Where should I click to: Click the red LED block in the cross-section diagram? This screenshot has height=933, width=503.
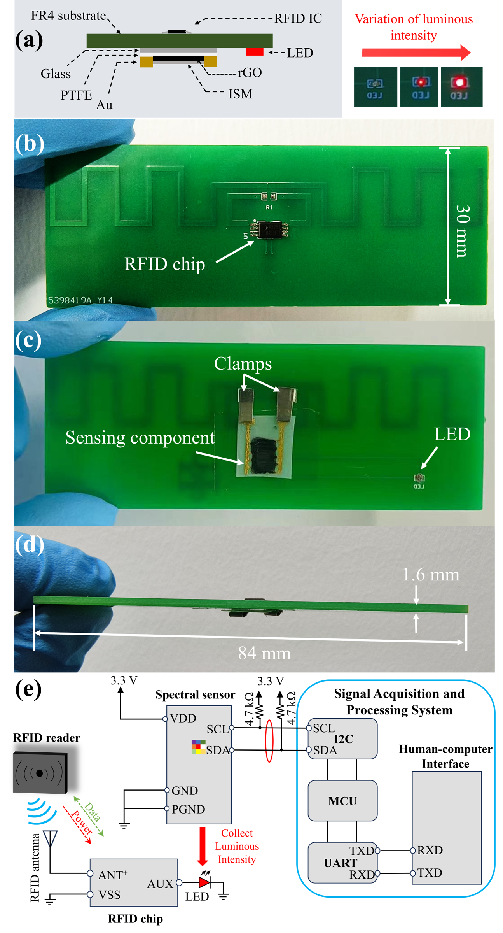pos(254,52)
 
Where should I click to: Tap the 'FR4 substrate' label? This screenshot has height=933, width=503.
pos(68,16)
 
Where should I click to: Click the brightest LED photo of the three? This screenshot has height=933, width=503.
pos(460,86)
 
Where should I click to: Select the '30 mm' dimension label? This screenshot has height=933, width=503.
pos(462,231)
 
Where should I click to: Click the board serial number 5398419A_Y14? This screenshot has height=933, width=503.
pos(80,300)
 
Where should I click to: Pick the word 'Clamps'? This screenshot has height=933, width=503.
pos(243,363)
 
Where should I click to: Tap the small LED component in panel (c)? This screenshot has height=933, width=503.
pos(419,478)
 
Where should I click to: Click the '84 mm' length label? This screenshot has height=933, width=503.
pos(264,653)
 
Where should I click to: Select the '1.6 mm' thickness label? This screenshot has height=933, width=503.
pos(431,575)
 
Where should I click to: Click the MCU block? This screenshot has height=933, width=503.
pos(342,801)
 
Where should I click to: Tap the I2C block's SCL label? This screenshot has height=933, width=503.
pos(324,728)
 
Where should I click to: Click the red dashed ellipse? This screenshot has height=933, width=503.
pos(269,740)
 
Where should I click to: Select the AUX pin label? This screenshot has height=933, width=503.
pos(160,884)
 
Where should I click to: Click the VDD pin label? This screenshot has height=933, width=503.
pos(183,718)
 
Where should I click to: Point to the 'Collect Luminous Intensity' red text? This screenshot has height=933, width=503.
pos(237,846)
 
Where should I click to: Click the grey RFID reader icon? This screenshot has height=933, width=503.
pos(39,773)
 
